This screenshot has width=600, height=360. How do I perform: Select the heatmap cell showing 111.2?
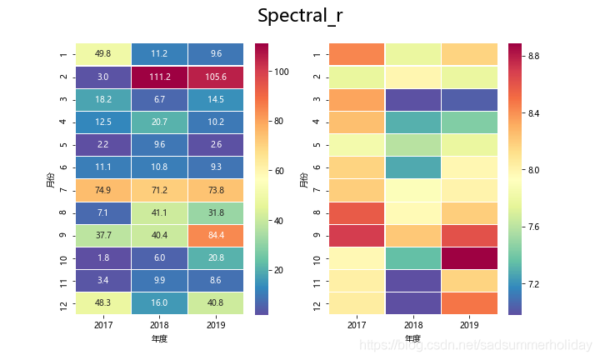click(159, 77)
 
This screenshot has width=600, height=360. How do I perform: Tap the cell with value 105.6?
click(216, 77)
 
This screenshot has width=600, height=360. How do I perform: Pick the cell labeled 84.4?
click(216, 235)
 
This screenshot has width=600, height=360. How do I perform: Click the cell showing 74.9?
click(103, 190)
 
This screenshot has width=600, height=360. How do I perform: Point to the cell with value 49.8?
click(103, 55)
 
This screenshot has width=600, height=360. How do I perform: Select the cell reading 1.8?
click(103, 257)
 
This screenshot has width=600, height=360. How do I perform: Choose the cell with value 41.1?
click(159, 212)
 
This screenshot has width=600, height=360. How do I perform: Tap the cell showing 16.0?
click(159, 302)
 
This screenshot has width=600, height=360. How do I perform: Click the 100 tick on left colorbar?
click(283, 72)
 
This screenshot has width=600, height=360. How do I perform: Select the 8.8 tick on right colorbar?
click(533, 56)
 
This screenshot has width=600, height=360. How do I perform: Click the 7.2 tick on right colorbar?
click(533, 284)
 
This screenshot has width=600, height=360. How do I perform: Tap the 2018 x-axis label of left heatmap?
click(159, 325)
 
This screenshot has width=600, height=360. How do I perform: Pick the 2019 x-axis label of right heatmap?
click(469, 325)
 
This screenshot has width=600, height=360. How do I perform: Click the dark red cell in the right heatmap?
click(469, 257)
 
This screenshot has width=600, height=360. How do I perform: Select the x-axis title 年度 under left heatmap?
click(159, 339)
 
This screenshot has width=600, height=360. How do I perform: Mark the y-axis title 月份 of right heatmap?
click(304, 178)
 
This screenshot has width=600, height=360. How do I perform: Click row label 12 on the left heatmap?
click(63, 302)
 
